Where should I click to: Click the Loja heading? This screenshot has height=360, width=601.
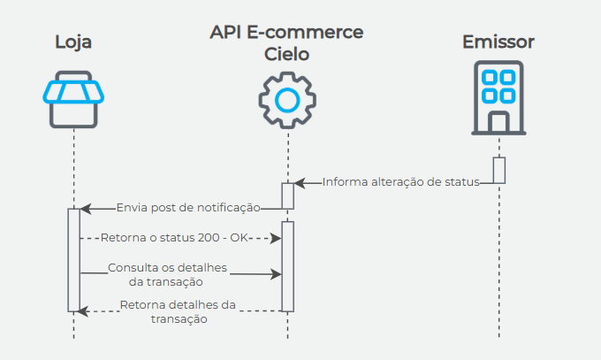pos(73,42)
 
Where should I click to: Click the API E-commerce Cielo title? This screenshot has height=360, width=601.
pos(287,42)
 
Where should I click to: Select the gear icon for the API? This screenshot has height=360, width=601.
pos(287,100)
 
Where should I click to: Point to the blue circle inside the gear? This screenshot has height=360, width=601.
pos(287,100)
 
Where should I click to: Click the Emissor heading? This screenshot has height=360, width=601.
pos(498,42)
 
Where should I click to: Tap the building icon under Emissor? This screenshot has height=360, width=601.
pos(498,96)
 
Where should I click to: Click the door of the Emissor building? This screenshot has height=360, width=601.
pos(498,121)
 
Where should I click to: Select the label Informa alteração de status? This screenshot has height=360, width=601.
pos(400,182)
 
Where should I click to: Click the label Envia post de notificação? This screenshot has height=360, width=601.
pos(187,209)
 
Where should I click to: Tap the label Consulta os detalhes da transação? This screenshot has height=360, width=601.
pos(168,274)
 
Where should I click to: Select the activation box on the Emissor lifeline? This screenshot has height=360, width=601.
pos(498,170)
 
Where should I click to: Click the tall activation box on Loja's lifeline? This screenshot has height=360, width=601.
pos(73,259)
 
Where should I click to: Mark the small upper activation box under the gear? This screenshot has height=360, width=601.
pos(287,195)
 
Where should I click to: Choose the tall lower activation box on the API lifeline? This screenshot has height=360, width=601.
pos(287,265)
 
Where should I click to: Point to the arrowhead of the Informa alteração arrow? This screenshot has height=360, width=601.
pos(299,183)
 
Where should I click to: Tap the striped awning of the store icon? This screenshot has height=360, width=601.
pos(73,89)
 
